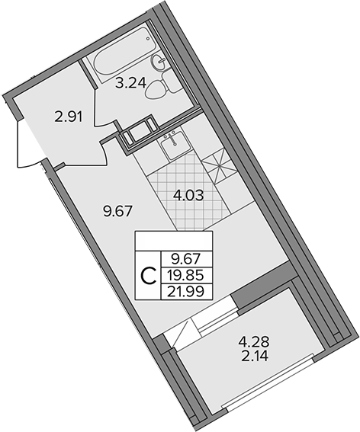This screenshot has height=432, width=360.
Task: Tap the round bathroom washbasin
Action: pyautogui.click(x=159, y=62)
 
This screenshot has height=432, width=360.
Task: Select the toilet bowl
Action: pyautogui.click(x=155, y=88)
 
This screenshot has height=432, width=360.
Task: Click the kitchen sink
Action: pyautogui.click(x=175, y=146)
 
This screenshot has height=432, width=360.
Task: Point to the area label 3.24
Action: pyautogui.click(x=130, y=83)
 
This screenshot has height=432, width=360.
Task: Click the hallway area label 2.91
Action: pyautogui.click(x=68, y=117)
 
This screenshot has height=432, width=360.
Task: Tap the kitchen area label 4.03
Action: pyautogui.click(x=188, y=195)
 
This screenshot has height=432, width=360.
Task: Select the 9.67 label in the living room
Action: pyautogui.click(x=117, y=212)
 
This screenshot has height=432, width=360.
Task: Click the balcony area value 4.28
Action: pyautogui.click(x=254, y=343)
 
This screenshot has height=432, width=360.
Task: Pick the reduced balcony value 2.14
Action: pyautogui.click(x=255, y=357)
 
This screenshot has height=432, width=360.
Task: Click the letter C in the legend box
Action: pyautogui.click(x=149, y=276)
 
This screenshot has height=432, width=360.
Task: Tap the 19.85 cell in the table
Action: pyautogui.click(x=187, y=275)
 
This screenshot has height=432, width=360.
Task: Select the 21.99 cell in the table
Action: pyautogui.click(x=187, y=292)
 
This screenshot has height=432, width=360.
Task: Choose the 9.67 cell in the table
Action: pyautogui.click(x=187, y=259)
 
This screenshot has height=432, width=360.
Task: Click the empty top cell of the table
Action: pyautogui.click(x=174, y=241)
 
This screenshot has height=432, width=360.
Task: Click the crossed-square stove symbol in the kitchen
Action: pyautogui.click(x=219, y=165)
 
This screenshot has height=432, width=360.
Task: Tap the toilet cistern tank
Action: pyautogui.click(x=171, y=82)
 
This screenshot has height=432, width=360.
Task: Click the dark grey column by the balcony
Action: pyautogui.click(x=263, y=286)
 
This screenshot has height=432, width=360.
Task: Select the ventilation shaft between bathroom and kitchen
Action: pyautogui.click(x=139, y=133)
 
